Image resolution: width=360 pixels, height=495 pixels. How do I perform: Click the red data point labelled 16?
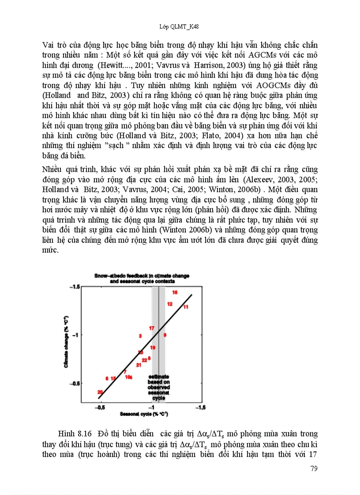(x=175, y=293)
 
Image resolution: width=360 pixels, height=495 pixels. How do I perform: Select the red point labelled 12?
(x=170, y=304)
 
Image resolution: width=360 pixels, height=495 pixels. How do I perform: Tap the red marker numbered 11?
(x=186, y=307)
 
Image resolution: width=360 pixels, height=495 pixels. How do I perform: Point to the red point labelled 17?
(x=151, y=328)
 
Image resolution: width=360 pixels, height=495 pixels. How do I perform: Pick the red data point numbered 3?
(x=140, y=336)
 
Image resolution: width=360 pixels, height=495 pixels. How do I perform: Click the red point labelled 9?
(x=165, y=335)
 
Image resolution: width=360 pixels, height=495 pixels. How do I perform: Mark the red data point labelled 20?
(x=100, y=392)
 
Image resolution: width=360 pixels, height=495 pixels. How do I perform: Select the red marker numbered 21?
(x=139, y=365)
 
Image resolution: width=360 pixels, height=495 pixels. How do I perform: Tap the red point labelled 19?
(x=152, y=348)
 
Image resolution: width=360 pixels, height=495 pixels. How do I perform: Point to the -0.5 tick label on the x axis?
(x=101, y=408)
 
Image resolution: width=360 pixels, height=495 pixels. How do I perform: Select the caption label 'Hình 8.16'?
(x=79, y=434)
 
